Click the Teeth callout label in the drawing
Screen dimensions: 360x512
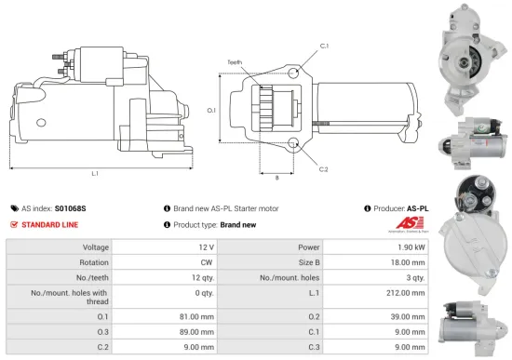coord(235,62)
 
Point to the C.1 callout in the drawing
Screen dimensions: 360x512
coord(325,45)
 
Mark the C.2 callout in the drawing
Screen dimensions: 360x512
coord(325,168)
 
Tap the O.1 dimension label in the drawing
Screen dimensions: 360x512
coord(211,110)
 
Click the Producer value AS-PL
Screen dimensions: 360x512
coord(418,208)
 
